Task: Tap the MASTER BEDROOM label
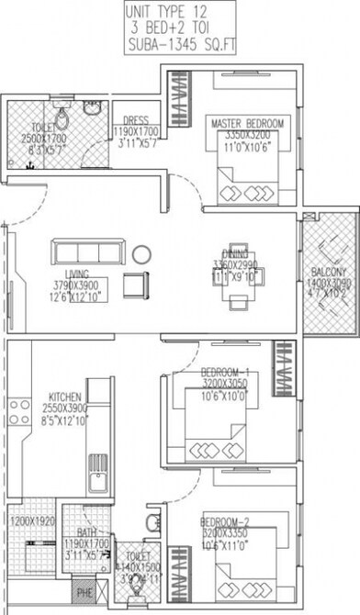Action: tap(246, 124)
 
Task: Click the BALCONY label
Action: tap(327, 272)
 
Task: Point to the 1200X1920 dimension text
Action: tap(31, 520)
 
